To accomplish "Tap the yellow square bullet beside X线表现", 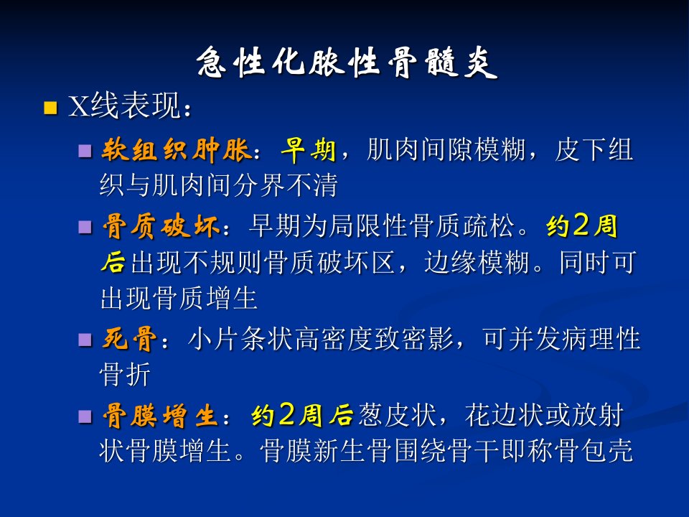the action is click(50, 108).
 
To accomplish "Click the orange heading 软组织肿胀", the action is click(176, 150).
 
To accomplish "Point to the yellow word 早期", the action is click(308, 150).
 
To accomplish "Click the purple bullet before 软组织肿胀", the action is click(85, 152).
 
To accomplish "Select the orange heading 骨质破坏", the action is click(161, 226).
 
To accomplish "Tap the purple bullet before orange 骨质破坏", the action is click(85, 228).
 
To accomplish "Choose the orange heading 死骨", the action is click(129, 339).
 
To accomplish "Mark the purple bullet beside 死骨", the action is click(85, 340).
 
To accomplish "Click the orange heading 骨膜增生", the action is click(161, 416).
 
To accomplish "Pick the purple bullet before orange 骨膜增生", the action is click(85, 416).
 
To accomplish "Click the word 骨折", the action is click(125, 375).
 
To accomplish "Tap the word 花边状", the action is click(504, 415).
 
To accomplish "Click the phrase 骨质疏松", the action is click(461, 226).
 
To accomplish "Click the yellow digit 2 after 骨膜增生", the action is click(286, 414).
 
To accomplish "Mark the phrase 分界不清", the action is click(285, 185).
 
